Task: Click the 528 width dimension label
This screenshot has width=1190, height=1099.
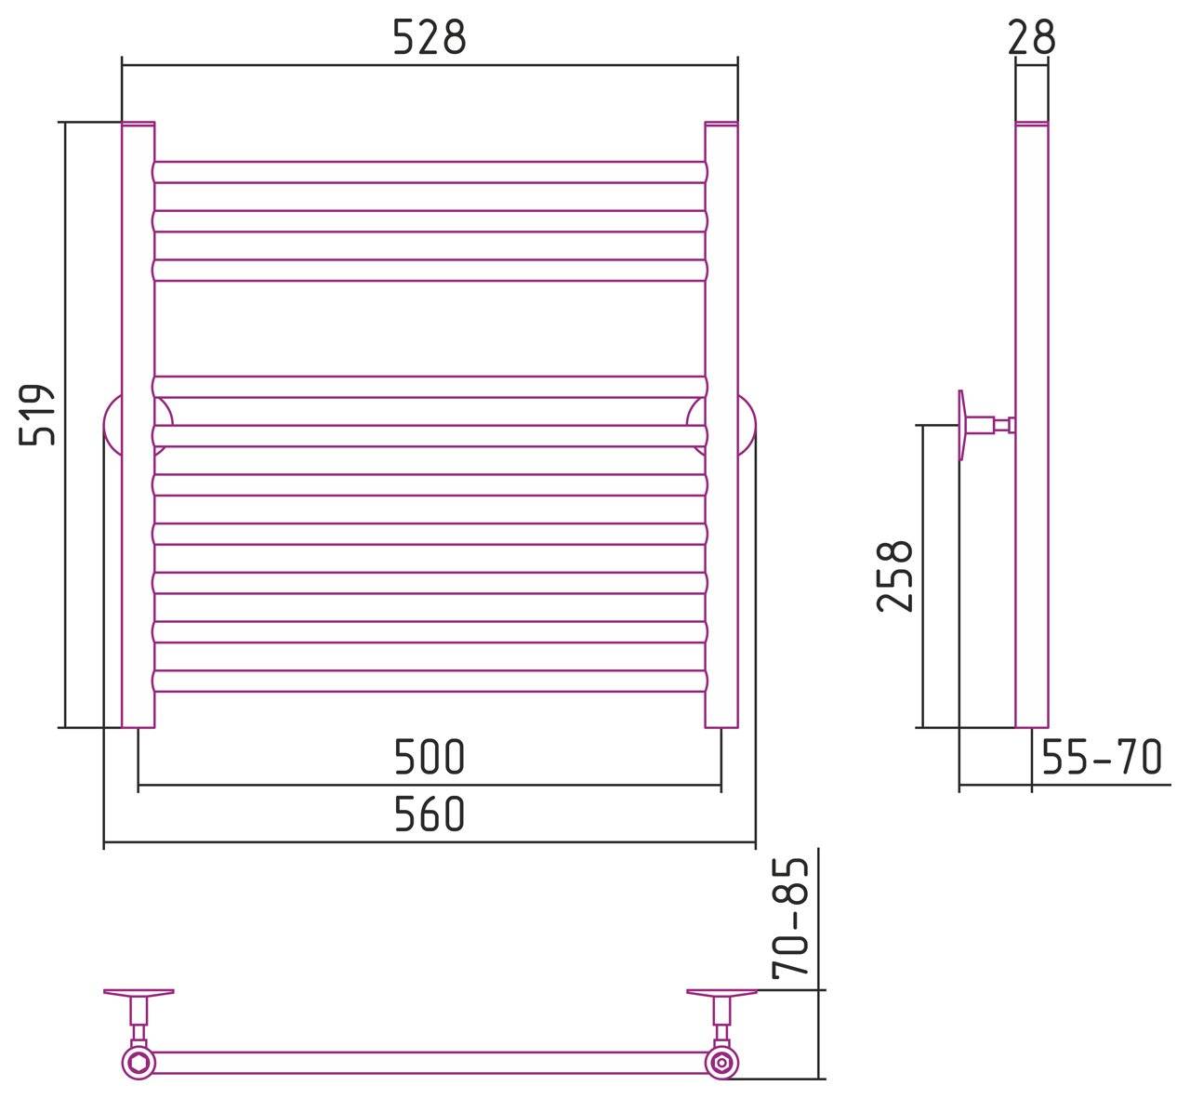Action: pyautogui.click(x=429, y=37)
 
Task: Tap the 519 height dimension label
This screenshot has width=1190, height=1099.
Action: pyautogui.click(x=37, y=415)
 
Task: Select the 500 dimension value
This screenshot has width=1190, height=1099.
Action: pyautogui.click(x=429, y=757)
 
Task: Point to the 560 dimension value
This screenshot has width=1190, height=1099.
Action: pyautogui.click(x=429, y=814)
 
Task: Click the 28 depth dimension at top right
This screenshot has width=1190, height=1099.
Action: pyautogui.click(x=1031, y=37)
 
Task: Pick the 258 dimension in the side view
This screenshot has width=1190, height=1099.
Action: pyautogui.click(x=894, y=576)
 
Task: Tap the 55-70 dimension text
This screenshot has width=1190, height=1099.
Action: pyautogui.click(x=1102, y=757)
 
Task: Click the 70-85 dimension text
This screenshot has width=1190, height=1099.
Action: pyautogui.click(x=790, y=920)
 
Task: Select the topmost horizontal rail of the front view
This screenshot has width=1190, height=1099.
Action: pyautogui.click(x=430, y=172)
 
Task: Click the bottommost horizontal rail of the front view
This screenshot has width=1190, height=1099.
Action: pyautogui.click(x=430, y=682)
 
